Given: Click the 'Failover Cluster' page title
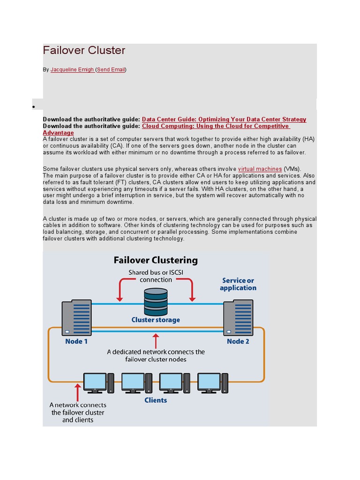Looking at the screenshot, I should (84, 51).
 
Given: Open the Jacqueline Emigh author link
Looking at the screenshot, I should (72, 69).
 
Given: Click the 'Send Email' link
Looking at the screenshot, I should (111, 69).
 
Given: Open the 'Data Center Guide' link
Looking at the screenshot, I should (224, 120).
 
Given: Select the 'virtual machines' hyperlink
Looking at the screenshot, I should (260, 169).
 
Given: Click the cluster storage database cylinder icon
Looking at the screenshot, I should (156, 301).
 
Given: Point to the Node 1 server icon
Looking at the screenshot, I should (76, 318).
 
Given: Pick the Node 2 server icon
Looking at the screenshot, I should (238, 318).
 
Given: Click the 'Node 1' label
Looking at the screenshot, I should (76, 341).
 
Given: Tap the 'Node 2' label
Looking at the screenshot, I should (238, 341).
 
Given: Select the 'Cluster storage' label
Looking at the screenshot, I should (156, 320).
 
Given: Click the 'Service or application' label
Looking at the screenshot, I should (238, 284).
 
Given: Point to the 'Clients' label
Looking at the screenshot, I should (156, 400).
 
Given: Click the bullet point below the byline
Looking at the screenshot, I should (34, 107).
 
